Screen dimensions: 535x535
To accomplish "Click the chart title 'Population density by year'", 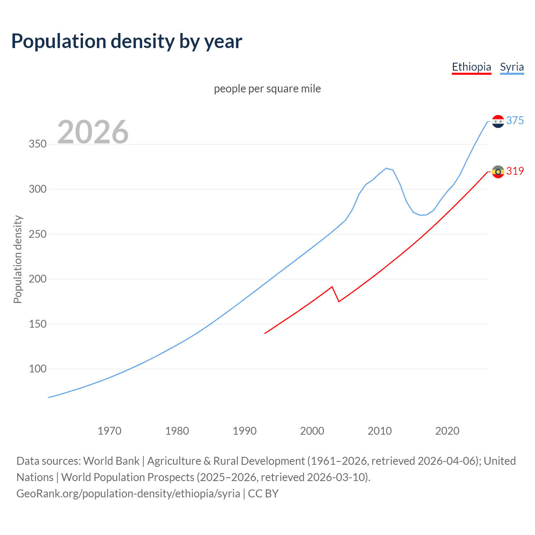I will tap(127, 41).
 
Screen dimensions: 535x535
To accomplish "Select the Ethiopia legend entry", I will tap(471, 67).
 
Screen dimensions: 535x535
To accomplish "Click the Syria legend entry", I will tap(512, 67).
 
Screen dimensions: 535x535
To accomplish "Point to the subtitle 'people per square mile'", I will tap(267, 89).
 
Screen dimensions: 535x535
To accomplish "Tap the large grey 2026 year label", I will tap(93, 132).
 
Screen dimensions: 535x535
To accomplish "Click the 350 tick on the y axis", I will tap(38, 144).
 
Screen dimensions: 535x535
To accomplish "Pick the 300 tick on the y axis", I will tap(38, 189).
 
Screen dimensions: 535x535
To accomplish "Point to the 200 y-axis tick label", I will tap(38, 279).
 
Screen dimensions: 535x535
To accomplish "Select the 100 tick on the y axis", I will tap(38, 369).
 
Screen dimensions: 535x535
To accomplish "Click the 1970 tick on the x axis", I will tap(110, 431).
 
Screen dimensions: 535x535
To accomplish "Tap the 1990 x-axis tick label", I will tap(245, 431).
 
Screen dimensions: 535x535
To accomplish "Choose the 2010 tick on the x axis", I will tap(380, 431).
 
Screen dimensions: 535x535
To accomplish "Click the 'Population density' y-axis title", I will tap(18, 259).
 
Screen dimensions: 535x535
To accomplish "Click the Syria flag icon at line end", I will tap(498, 121).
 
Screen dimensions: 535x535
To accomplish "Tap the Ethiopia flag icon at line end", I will tap(498, 171).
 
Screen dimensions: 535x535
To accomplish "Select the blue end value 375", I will tap(515, 121).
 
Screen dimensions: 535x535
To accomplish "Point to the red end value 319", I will tap(515, 171).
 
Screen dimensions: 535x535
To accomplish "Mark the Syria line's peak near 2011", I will tap(386, 168).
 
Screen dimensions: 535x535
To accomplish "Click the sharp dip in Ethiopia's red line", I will tap(339, 301).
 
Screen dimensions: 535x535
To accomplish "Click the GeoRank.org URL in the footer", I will tap(128, 494).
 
